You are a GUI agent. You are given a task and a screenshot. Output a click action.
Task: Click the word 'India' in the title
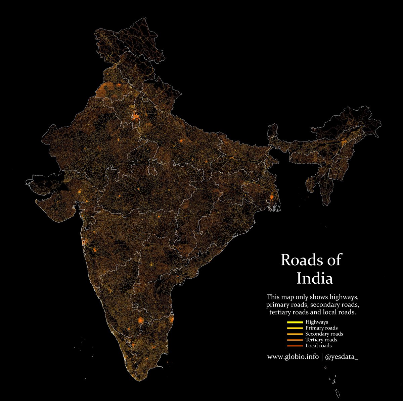315,278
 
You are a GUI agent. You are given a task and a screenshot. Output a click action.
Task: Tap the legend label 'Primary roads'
321,328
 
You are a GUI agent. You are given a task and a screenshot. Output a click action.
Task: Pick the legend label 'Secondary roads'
324,334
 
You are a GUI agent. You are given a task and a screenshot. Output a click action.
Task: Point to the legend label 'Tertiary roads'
321,340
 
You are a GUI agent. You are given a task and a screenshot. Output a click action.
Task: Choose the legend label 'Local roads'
318,346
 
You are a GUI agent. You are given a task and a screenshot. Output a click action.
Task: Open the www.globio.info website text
293,356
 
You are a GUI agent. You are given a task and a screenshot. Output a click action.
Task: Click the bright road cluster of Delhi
136,117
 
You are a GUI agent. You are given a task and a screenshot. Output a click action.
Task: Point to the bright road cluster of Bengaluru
141,320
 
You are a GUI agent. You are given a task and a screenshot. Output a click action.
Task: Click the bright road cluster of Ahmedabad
79,191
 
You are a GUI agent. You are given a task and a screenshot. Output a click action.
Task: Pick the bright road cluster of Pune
95,250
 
